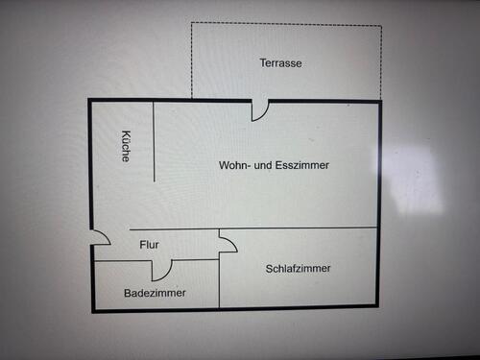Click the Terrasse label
pos(281,63)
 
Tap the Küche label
pos(126,145)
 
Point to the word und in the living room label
pos(266,166)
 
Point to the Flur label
pos(150,245)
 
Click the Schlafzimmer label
pos(299,269)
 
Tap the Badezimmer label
pos(156,293)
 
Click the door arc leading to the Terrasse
pos(259,111)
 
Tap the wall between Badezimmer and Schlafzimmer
pos(220,283)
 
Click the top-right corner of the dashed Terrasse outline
pos(381,25)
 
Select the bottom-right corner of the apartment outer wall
pos(380,309)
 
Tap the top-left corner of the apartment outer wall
pos(90,100)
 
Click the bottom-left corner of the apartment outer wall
pos(93,310)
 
